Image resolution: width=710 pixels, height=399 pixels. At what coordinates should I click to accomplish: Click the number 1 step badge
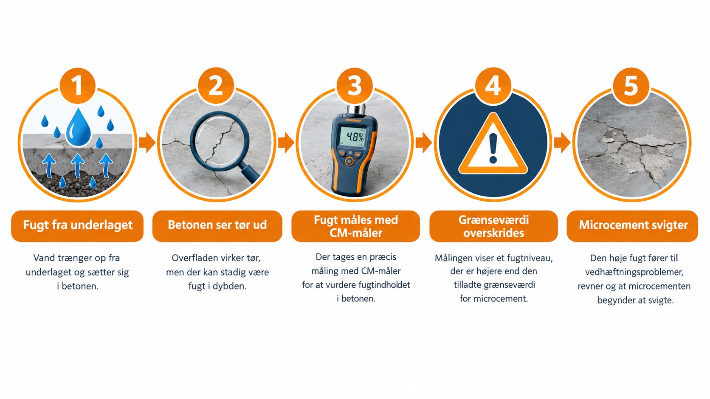point(77,86)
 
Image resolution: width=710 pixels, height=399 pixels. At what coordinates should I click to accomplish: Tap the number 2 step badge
point(216,86)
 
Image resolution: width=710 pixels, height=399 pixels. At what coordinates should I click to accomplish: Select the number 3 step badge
point(355,86)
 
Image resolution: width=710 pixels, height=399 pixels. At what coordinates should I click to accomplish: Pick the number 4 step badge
point(493,86)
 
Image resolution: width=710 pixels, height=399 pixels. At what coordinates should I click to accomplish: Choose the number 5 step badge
point(631,86)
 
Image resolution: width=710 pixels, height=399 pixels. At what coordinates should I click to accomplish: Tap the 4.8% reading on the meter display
point(355,137)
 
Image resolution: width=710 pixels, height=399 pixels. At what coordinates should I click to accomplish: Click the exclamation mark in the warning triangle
point(493,148)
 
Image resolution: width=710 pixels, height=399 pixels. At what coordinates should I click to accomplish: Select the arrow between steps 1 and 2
point(147,143)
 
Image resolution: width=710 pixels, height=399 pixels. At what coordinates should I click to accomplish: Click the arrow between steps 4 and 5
point(562,143)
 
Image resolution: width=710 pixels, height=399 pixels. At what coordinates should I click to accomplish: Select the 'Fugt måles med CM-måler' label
point(355,226)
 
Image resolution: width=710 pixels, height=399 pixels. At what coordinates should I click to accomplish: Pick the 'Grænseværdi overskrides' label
point(493,226)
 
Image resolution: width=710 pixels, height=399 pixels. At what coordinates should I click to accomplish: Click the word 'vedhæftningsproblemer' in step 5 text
point(634,273)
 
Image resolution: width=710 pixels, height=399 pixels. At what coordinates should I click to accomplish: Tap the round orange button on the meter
point(349,161)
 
